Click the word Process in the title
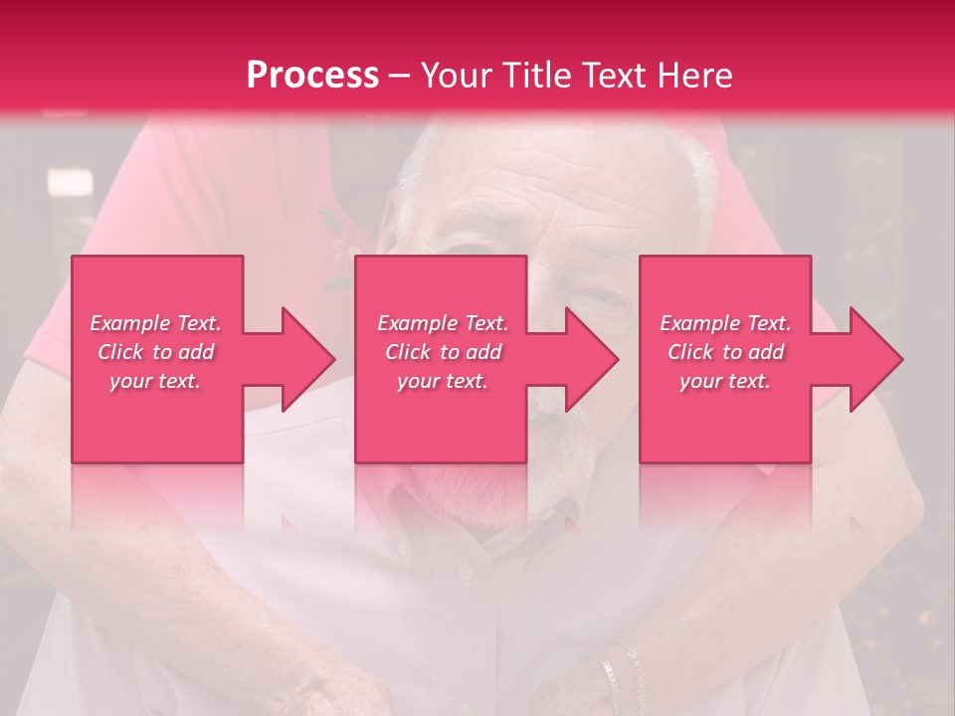(312, 76)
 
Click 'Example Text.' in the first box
(155, 323)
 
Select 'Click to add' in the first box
(155, 352)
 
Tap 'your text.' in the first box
(155, 381)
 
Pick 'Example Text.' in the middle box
(443, 323)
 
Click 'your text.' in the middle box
(443, 381)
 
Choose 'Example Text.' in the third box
(725, 323)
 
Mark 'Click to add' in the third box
(725, 352)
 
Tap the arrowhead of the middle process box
(590, 359)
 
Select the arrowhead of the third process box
(874, 359)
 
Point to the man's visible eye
(597, 296)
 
